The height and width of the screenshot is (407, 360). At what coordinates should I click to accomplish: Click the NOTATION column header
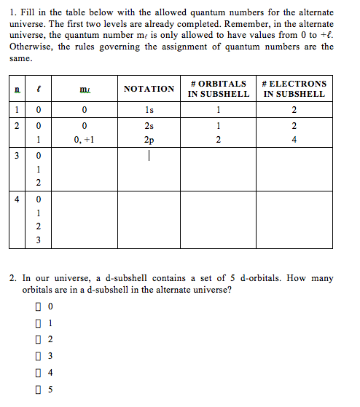149,89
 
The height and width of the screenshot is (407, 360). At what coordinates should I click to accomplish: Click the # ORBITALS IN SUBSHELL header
217,89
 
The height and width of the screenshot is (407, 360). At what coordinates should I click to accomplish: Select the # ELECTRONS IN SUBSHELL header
294,89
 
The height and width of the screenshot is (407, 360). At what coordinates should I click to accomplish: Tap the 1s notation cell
149,110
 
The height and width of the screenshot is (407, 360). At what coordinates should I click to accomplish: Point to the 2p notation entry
149,139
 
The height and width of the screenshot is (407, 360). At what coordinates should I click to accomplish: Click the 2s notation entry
149,126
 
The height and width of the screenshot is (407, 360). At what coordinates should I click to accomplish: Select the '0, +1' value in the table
85,139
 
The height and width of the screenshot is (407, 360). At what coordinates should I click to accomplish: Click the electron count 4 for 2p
294,139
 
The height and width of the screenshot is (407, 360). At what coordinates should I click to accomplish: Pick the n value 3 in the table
13,155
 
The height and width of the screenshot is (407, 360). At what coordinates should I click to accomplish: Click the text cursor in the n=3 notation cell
149,155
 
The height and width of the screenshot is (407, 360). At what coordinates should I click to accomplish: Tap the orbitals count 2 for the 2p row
217,139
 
